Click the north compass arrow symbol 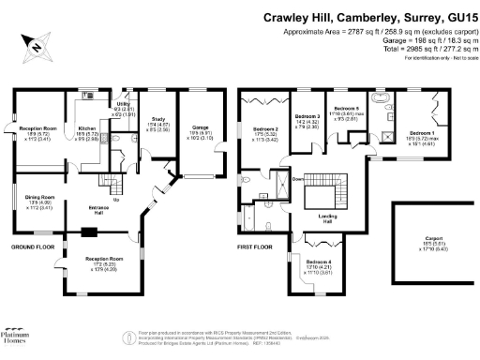pos(35,44)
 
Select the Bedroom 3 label pos(307,116)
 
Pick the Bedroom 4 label pos(319,262)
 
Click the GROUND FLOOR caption pos(30,247)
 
